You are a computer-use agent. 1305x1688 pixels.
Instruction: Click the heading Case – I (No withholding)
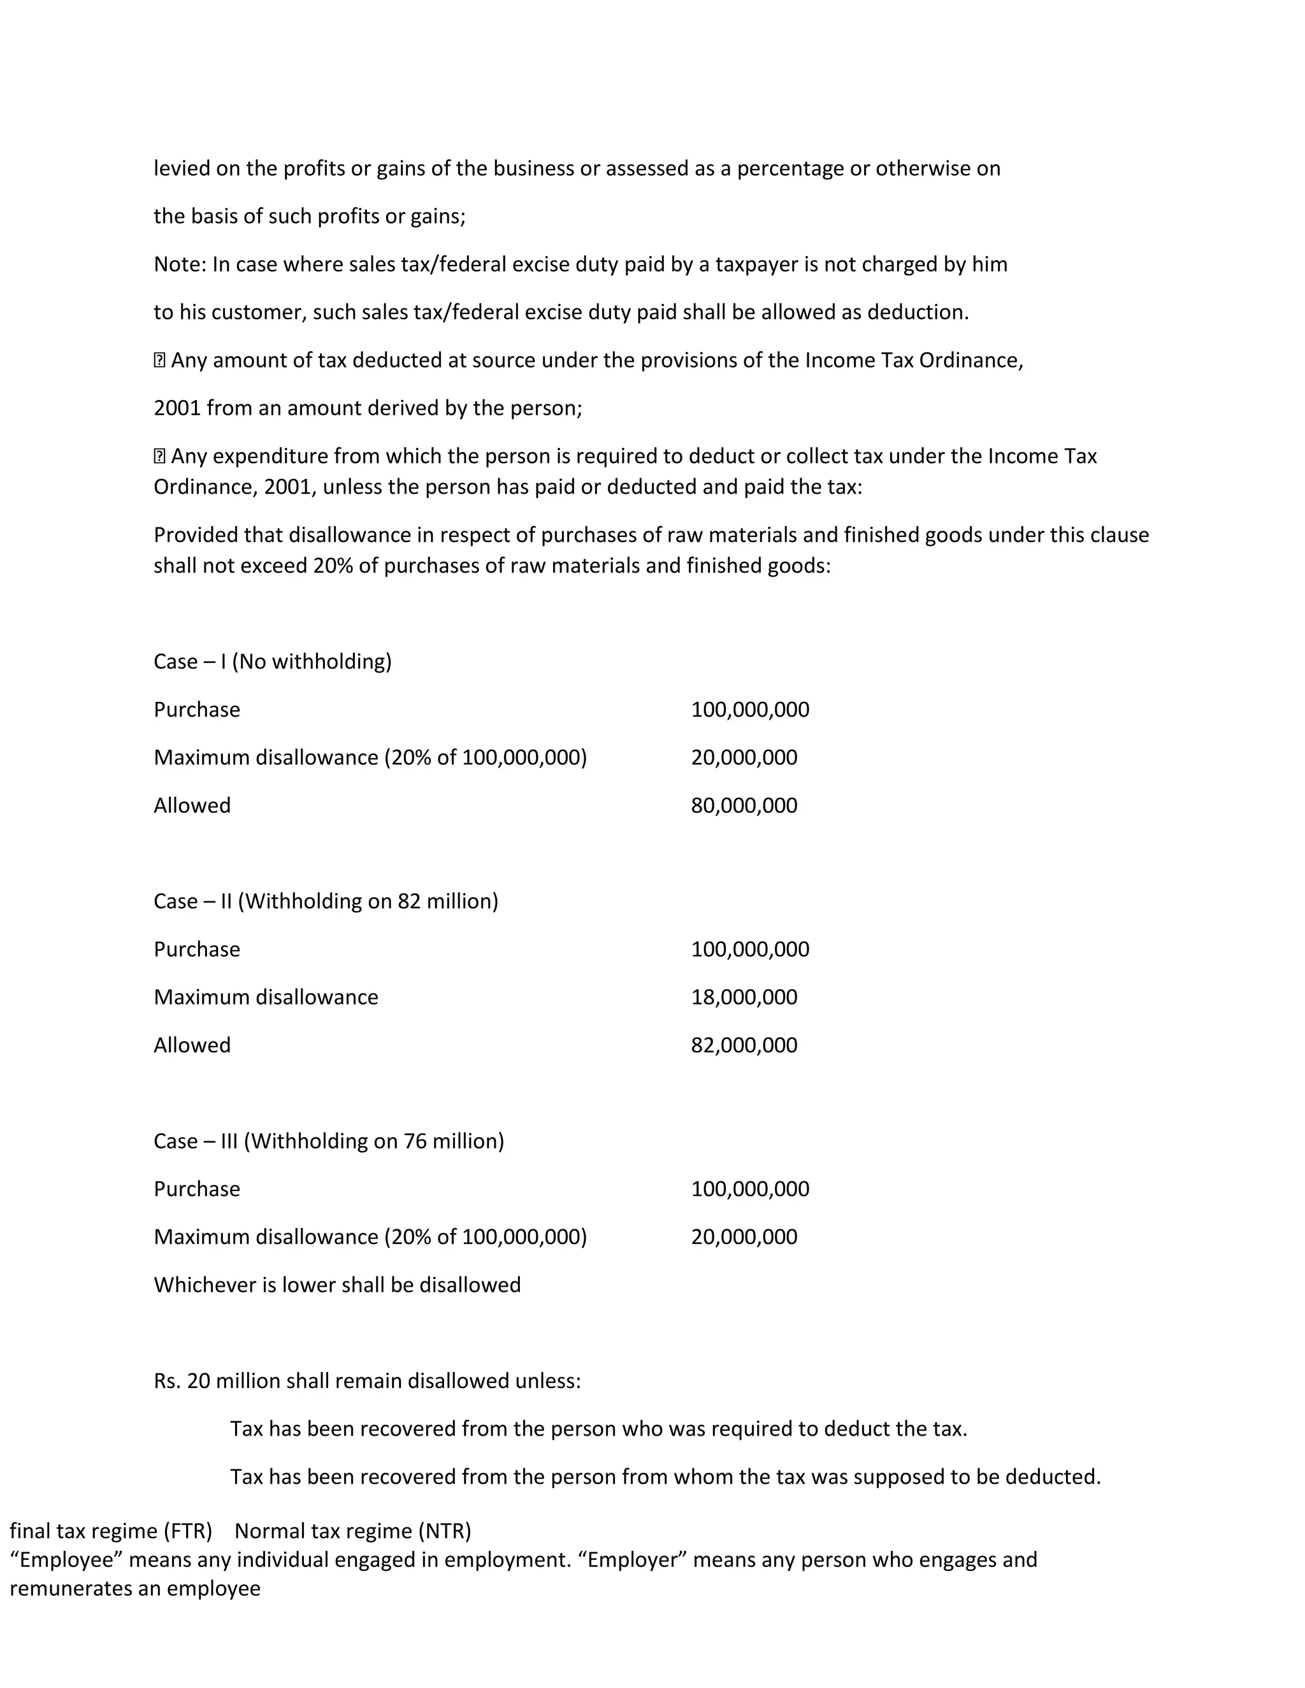click(x=272, y=662)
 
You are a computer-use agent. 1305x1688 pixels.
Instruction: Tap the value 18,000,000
click(x=744, y=997)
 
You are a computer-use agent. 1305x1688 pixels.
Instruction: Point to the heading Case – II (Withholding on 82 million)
click(x=326, y=901)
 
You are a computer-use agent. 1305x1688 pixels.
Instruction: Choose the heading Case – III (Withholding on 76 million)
click(x=329, y=1141)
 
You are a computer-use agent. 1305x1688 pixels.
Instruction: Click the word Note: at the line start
click(x=180, y=264)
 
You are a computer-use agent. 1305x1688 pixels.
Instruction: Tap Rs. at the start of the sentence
click(x=167, y=1380)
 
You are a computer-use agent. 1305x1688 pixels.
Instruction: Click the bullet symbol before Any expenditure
click(x=159, y=456)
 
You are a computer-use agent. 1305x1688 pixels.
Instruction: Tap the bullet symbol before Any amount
click(x=159, y=360)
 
